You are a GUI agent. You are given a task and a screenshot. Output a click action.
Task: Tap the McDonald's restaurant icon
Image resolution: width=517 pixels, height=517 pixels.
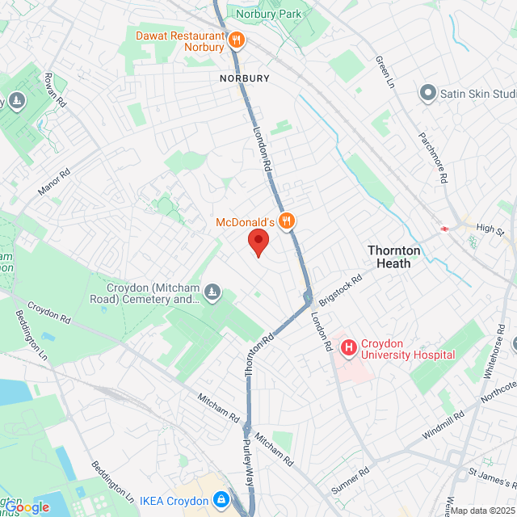[286, 221]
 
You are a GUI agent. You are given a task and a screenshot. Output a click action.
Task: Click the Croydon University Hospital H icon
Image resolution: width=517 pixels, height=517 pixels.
[349, 348]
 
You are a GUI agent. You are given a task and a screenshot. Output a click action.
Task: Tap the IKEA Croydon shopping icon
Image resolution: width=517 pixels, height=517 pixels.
[220, 501]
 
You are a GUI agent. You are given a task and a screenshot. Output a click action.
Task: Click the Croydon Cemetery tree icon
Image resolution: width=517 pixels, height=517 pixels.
[212, 292]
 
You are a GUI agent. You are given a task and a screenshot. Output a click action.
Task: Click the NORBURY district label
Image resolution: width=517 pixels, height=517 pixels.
[244, 78]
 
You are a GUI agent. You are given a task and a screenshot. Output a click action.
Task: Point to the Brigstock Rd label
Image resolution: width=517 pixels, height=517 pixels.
[341, 288]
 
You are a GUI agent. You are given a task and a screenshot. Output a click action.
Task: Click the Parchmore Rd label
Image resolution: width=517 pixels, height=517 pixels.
[433, 156]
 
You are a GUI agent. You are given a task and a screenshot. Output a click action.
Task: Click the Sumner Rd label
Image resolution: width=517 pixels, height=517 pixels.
[350, 480]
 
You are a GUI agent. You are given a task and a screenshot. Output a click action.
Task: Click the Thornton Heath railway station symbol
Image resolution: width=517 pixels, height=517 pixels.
[444, 229]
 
